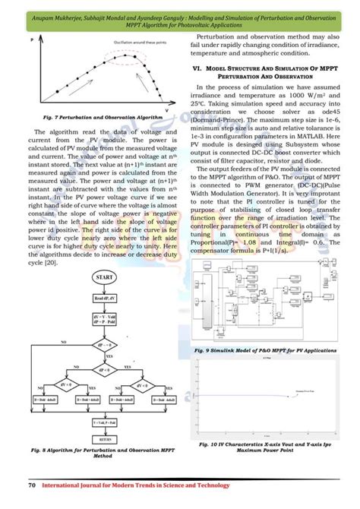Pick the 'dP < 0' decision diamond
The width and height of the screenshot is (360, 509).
105,371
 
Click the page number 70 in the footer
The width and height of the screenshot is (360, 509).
32,484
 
